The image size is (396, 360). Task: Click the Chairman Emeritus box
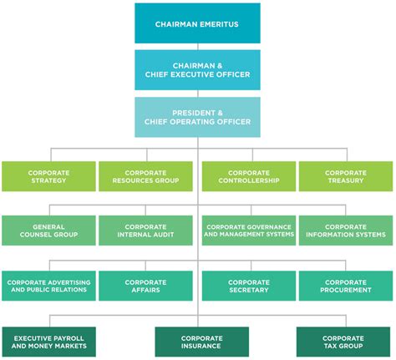coord(197,23)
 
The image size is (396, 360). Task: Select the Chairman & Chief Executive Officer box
coord(197,70)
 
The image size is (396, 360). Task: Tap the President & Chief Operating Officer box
coord(197,117)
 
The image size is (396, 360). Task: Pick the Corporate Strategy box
coord(48,176)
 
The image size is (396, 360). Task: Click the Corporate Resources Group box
coord(145,176)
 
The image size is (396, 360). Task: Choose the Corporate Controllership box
coord(249,176)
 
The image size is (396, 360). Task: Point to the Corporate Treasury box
coord(346,176)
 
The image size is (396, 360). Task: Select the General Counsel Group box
coord(48,231)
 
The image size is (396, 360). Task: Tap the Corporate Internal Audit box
coord(145,231)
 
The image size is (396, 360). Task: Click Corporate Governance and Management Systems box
coord(249,231)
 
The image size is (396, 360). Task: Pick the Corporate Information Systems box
coord(346,231)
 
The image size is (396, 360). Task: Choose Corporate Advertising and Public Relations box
coord(48,286)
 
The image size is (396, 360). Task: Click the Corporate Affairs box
coord(145,286)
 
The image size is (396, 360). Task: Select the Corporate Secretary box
coord(249,286)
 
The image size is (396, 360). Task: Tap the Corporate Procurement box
coord(346,286)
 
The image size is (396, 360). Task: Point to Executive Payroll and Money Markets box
coord(49,342)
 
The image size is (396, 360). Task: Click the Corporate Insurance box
coord(202,342)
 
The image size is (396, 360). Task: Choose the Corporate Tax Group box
coord(343,342)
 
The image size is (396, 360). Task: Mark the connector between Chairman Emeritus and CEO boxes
coord(198,47)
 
